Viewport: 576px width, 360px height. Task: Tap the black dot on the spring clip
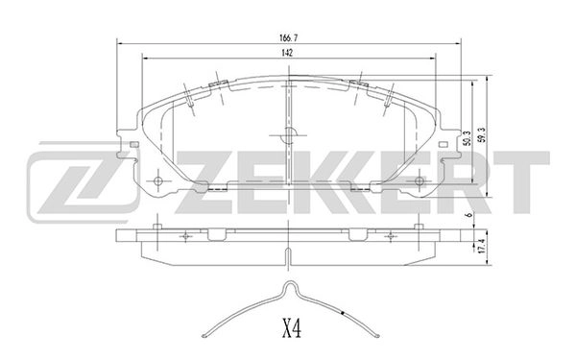(343, 314)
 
